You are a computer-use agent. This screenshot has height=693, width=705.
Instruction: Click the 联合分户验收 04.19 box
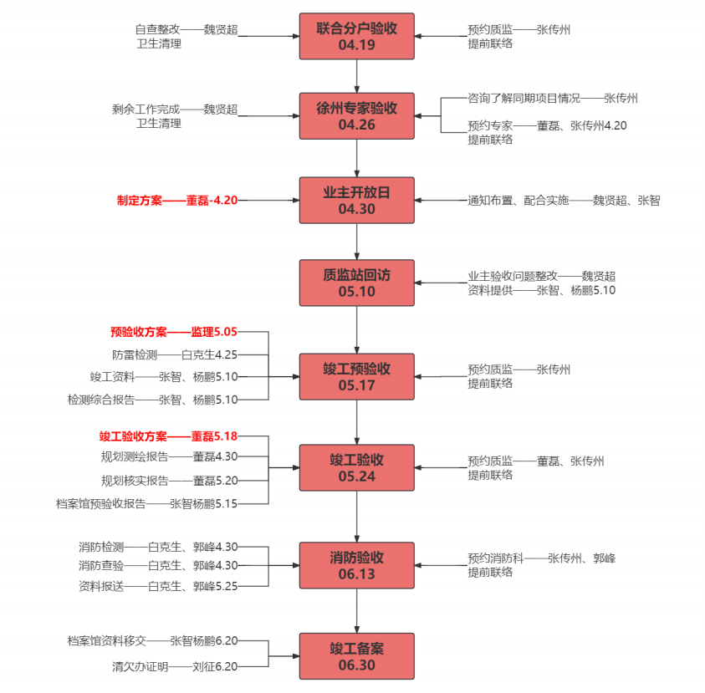(x=357, y=37)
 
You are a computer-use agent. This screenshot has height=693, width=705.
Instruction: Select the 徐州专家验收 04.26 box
(x=357, y=116)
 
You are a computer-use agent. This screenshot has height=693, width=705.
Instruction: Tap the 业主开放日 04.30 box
(x=357, y=200)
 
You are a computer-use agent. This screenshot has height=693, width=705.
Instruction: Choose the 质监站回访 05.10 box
(x=357, y=283)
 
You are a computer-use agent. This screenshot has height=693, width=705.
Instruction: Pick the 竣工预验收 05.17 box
(x=357, y=376)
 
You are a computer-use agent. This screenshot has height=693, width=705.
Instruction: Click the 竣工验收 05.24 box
(x=357, y=468)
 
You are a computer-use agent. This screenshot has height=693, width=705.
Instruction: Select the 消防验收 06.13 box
(x=357, y=565)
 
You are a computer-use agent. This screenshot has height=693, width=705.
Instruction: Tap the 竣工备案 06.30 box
(x=357, y=656)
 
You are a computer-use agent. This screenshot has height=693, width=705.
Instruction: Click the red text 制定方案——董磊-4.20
(x=177, y=201)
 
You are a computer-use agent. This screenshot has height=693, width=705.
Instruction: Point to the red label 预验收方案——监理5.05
(x=174, y=332)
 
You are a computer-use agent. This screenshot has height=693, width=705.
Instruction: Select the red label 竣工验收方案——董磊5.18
(x=168, y=436)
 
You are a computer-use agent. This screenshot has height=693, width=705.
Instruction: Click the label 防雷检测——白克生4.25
(x=174, y=354)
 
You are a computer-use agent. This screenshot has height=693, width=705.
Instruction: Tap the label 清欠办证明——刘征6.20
(x=175, y=667)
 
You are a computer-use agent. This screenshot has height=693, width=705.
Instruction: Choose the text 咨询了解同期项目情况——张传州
(x=553, y=98)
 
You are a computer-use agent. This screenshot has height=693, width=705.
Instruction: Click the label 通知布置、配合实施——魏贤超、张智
(x=563, y=201)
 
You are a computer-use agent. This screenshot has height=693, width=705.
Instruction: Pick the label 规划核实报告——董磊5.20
(x=169, y=481)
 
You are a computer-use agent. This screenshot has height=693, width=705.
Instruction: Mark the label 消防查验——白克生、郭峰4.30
(x=158, y=565)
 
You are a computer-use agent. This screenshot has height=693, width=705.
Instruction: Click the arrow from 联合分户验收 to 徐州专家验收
(x=357, y=75)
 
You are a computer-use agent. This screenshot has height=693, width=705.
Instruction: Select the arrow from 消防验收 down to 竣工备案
(x=357, y=611)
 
